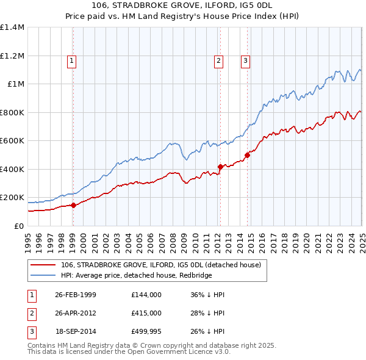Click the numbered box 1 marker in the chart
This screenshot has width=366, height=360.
(72, 60)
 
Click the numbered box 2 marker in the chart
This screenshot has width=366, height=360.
(218, 60)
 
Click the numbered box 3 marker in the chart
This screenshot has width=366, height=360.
(245, 60)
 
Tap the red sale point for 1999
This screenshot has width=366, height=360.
(73, 206)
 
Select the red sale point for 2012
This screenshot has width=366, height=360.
(220, 167)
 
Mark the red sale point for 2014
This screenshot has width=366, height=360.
(247, 155)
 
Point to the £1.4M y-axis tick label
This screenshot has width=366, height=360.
(12, 27)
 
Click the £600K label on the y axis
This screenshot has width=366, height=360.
(12, 141)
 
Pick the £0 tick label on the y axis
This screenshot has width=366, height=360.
(18, 226)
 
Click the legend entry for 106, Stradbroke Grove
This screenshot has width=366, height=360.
(161, 265)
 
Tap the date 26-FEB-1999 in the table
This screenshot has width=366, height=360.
(76, 295)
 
